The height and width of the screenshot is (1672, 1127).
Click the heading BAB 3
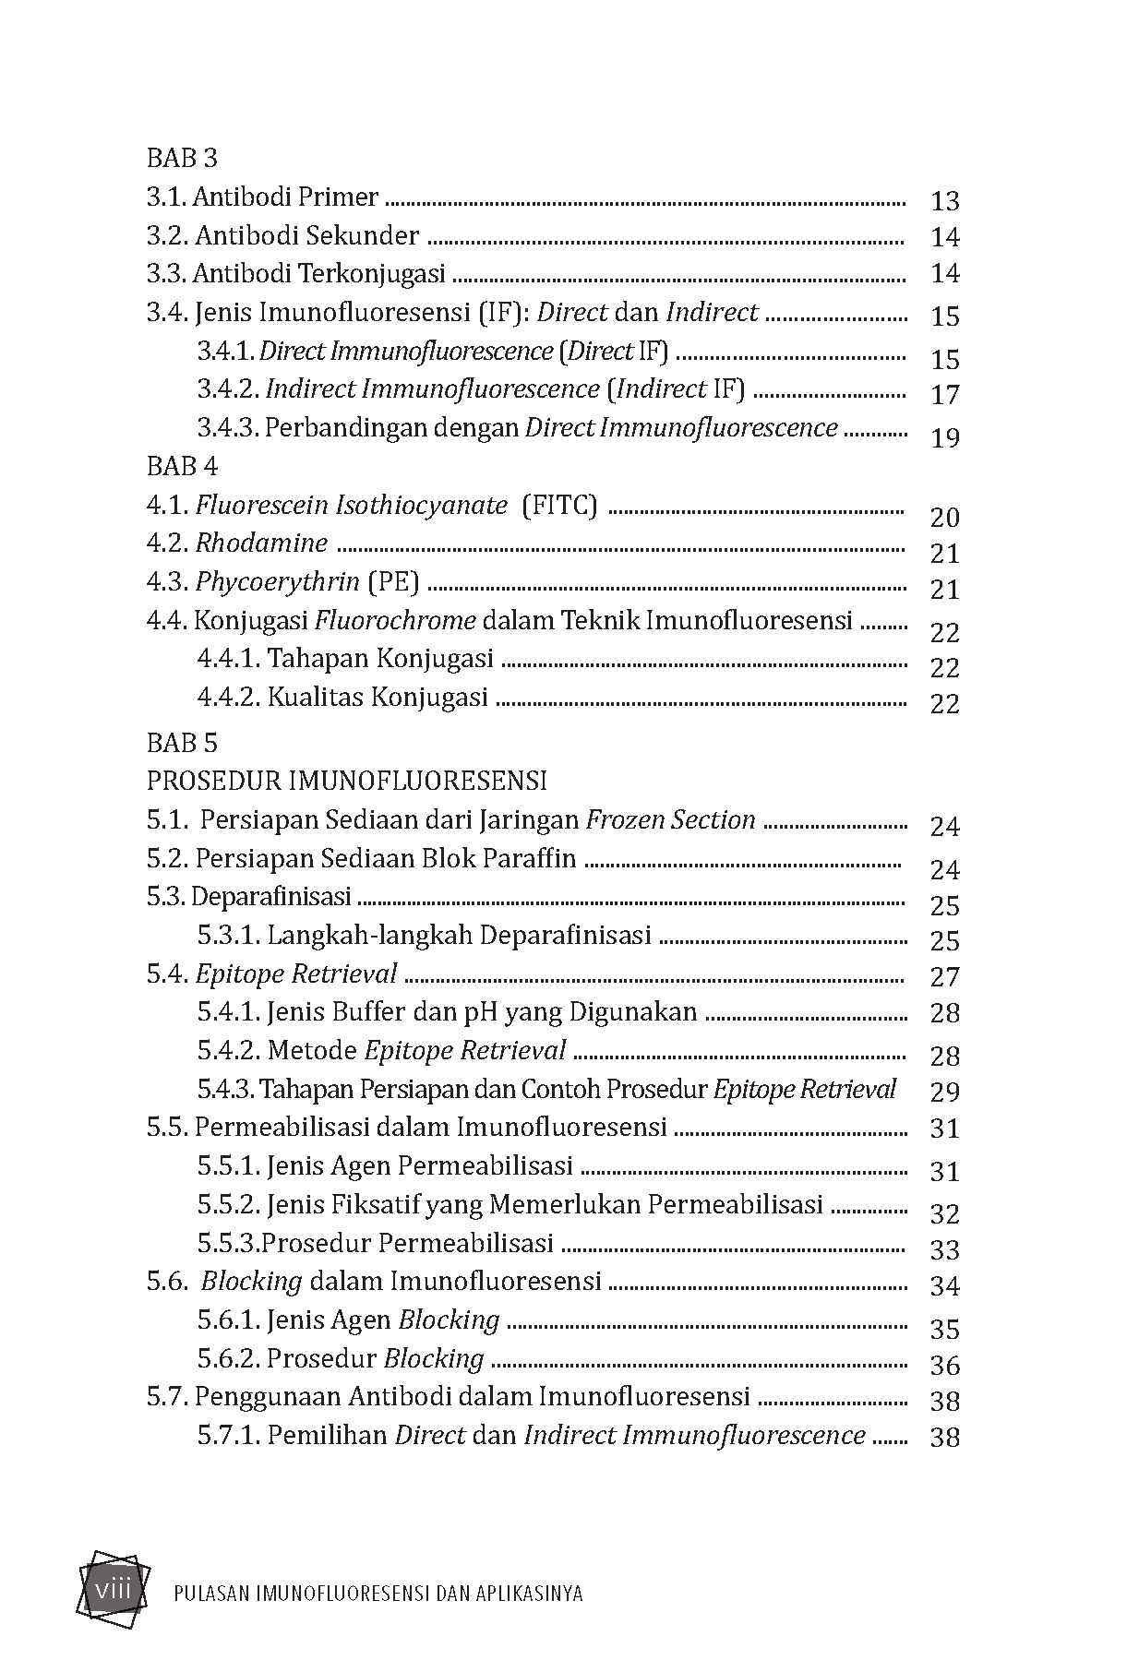coord(182,158)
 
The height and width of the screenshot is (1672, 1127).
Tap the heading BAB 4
coord(182,466)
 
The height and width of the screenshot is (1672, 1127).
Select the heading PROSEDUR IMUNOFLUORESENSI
coord(346,781)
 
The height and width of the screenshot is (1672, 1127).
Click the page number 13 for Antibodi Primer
coord(945,200)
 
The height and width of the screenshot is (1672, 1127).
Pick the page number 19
coord(945,437)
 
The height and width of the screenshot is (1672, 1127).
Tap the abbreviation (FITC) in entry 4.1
coord(559,506)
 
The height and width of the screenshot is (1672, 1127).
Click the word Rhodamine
coord(261,543)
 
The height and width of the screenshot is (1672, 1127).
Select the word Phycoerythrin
coord(277,582)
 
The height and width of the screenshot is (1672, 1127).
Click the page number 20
coord(945,517)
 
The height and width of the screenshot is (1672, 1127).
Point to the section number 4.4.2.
coord(227,697)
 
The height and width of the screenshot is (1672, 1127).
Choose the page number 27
coord(945,977)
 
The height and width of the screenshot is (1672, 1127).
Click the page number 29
coord(945,1092)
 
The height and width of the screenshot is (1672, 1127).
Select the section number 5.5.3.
coord(226,1243)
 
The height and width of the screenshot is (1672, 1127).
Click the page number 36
coord(945,1366)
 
